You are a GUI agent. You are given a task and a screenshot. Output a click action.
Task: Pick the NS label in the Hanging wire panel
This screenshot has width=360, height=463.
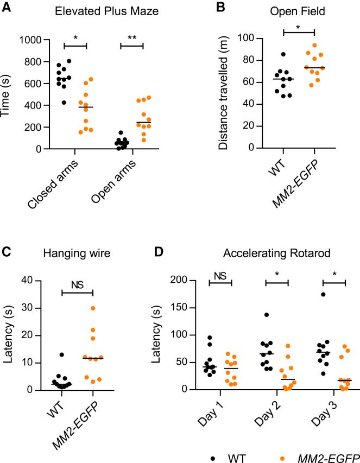[78, 283]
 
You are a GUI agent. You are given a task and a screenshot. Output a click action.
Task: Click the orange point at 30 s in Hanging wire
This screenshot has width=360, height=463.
[93, 308]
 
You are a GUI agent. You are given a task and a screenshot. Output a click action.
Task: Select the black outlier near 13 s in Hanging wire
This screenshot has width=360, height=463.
[62, 354]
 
